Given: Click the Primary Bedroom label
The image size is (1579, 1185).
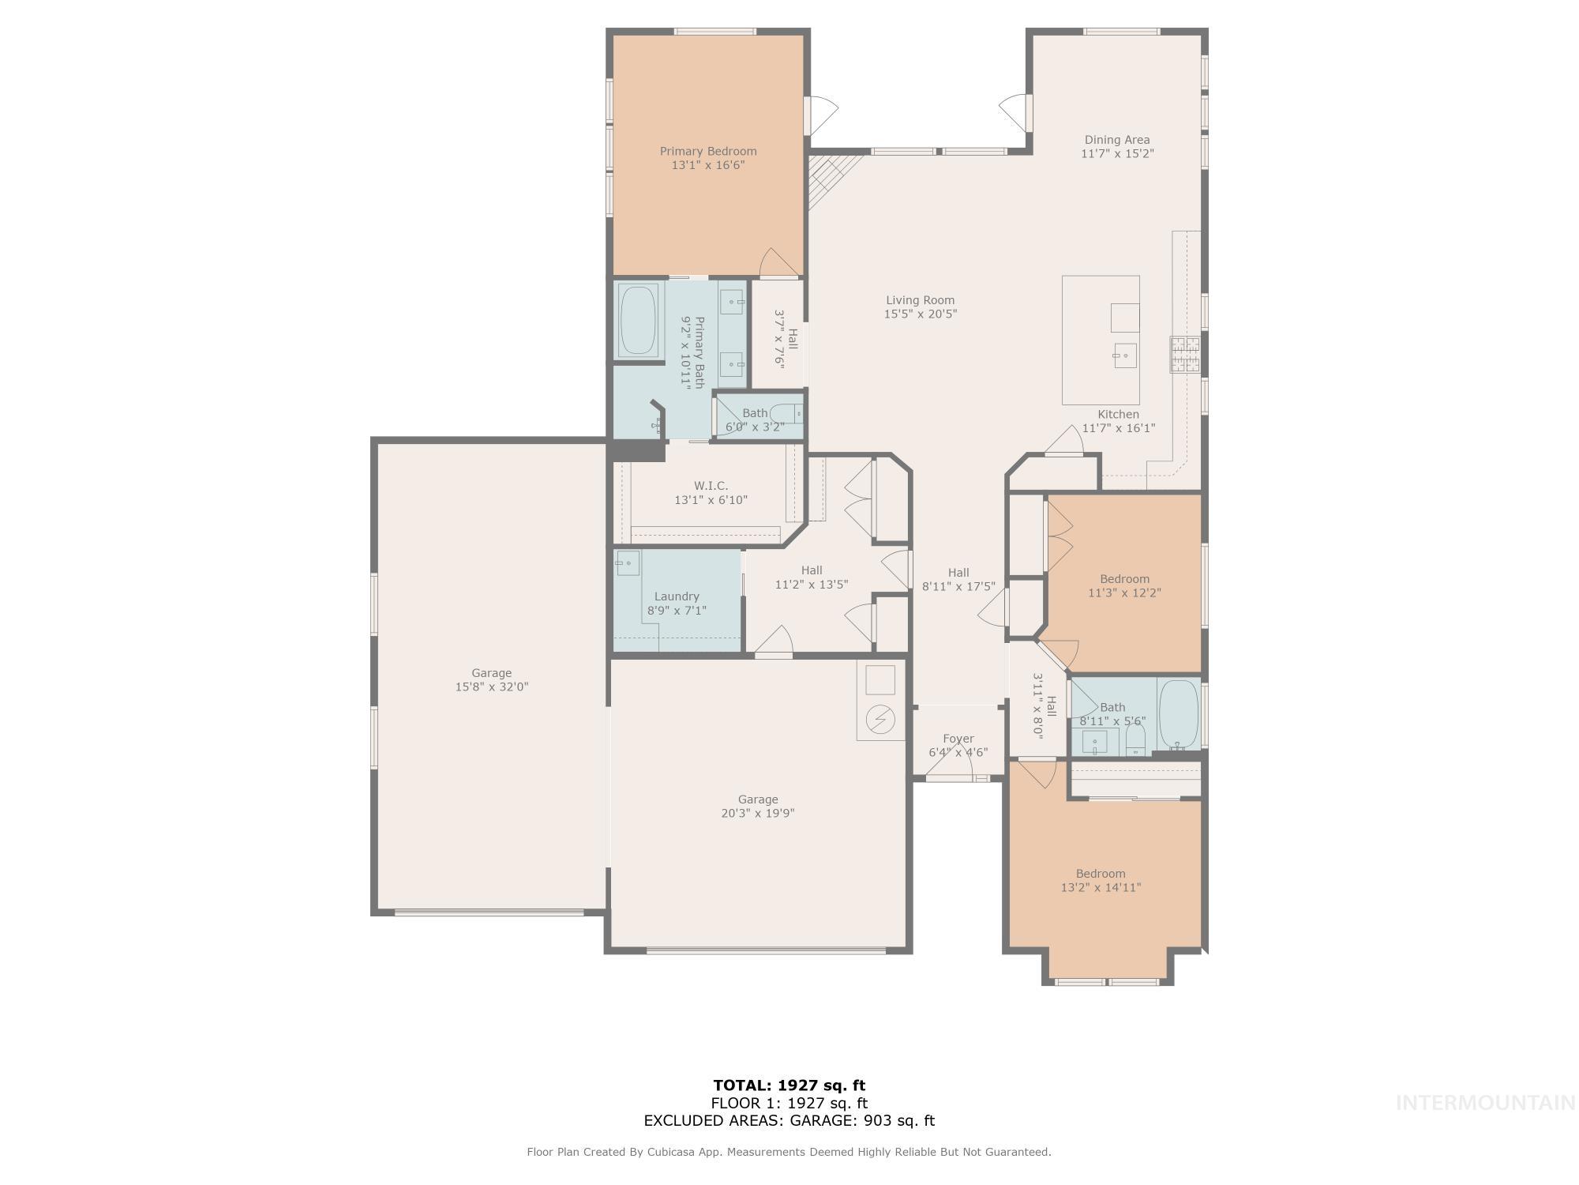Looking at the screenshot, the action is click(708, 151).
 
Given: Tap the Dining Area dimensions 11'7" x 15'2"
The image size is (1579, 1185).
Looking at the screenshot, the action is click(1117, 154).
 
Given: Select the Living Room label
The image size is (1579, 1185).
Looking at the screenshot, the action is click(920, 300).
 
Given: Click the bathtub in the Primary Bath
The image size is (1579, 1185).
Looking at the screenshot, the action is click(639, 320).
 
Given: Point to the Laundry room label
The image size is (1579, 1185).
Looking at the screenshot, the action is click(677, 596).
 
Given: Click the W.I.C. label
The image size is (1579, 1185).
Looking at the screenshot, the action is click(711, 486).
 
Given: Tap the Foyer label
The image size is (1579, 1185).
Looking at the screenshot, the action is click(958, 739).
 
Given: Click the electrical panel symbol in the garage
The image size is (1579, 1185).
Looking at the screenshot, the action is click(880, 719).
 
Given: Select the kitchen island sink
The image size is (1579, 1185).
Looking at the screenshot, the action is click(1125, 355).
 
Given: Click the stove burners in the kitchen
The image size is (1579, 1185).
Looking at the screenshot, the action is click(1184, 355).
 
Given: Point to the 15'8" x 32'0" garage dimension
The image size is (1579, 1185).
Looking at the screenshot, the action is click(491, 687).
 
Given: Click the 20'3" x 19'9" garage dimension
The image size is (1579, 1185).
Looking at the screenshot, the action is click(758, 814).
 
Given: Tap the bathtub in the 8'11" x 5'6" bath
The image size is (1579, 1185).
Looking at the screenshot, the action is click(1179, 714).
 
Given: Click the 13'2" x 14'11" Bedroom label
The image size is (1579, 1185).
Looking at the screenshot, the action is click(1101, 874).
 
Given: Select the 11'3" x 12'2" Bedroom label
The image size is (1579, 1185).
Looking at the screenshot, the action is click(1124, 579).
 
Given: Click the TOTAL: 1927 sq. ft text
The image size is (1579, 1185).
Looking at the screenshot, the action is click(789, 1085).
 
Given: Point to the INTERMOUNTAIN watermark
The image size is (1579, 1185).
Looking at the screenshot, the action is click(1486, 1103).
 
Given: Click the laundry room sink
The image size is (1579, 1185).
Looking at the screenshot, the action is click(628, 563).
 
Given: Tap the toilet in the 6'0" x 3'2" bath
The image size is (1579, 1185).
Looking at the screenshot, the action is click(786, 413).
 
